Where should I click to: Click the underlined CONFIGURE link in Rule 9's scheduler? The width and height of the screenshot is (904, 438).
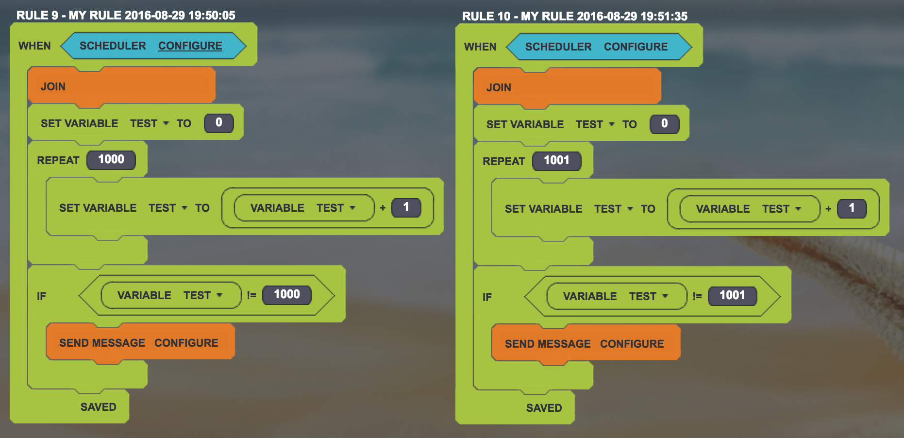pyautogui.click(x=190, y=46)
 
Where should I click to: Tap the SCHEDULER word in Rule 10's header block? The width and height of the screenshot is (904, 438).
pyautogui.click(x=558, y=47)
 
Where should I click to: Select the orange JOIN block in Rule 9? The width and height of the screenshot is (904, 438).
pyautogui.click(x=121, y=86)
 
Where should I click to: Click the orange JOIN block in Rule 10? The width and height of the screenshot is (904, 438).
pyautogui.click(x=567, y=87)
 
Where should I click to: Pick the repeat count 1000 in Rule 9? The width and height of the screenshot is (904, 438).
pyautogui.click(x=111, y=160)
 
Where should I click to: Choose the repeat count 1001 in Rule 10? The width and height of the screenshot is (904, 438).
pyautogui.click(x=556, y=161)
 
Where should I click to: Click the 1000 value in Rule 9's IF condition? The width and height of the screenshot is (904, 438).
pyautogui.click(x=286, y=295)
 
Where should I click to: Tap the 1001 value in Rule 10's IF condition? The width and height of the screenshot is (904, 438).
pyautogui.click(x=732, y=296)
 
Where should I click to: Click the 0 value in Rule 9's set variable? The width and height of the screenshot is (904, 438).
pyautogui.click(x=218, y=123)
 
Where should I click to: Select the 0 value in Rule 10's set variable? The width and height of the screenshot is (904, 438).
pyautogui.click(x=664, y=124)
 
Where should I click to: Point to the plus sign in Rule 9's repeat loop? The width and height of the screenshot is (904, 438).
pyautogui.click(x=383, y=208)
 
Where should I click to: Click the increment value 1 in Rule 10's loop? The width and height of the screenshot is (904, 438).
pyautogui.click(x=852, y=208)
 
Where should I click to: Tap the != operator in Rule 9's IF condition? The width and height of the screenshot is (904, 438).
pyautogui.click(x=251, y=295)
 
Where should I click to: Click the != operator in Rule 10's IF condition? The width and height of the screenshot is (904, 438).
pyautogui.click(x=697, y=296)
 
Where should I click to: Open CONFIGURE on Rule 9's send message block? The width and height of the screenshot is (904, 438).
pyautogui.click(x=186, y=343)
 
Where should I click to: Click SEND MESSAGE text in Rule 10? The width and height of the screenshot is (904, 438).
pyautogui.click(x=548, y=344)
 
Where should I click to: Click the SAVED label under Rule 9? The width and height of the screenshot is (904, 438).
pyautogui.click(x=98, y=407)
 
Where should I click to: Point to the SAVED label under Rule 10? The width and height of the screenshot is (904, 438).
pyautogui.click(x=544, y=408)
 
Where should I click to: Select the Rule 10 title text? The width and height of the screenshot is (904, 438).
pyautogui.click(x=574, y=16)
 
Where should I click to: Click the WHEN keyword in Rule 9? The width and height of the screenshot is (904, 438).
pyautogui.click(x=34, y=46)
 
